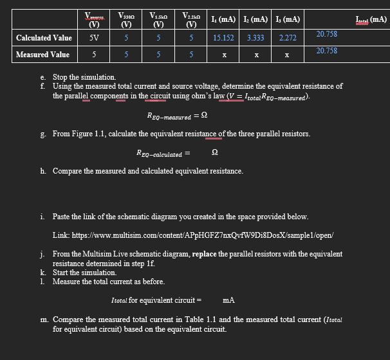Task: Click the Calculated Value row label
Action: [44, 38]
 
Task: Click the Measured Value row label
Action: [42, 55]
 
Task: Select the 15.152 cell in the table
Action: [223, 38]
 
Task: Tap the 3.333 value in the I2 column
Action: [255, 38]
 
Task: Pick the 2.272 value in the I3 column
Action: [287, 38]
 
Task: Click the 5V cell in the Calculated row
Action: [94, 38]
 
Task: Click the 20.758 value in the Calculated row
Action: [327, 33]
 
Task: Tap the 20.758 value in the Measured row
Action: [327, 50]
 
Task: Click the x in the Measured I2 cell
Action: [255, 55]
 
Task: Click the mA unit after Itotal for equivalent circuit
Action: [228, 300]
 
